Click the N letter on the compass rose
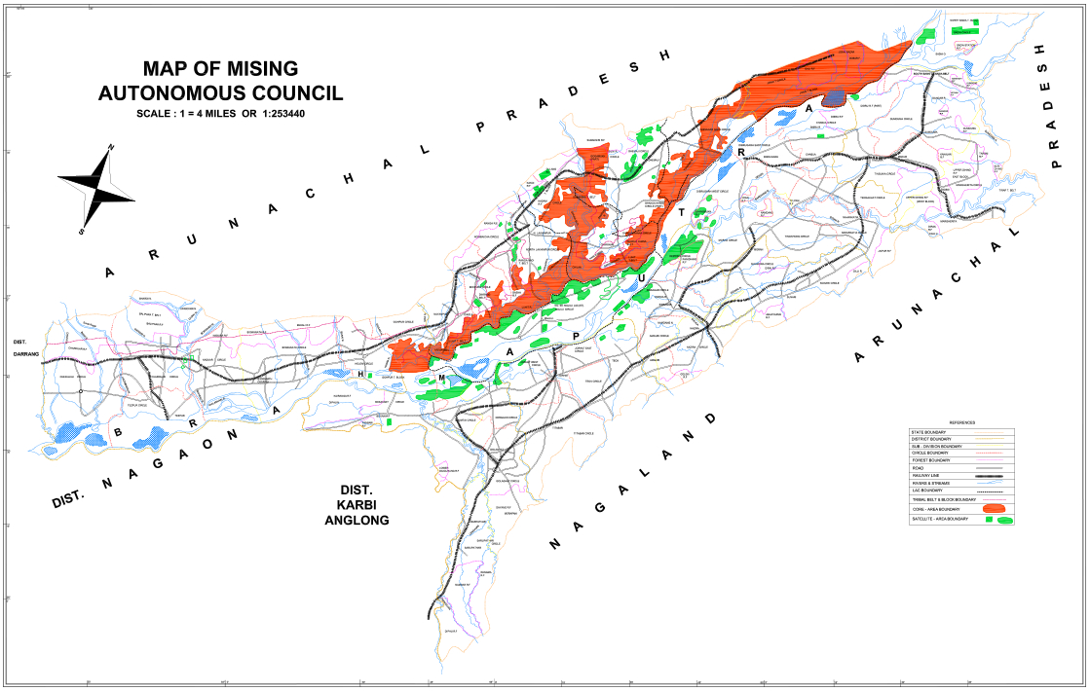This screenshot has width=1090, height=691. coord(112,147)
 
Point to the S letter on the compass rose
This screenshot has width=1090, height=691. coord(82,232)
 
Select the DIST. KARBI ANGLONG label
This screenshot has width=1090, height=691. coord(357,505)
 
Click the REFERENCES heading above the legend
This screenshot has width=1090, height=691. coord(961,422)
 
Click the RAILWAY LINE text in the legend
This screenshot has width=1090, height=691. coord(926,476)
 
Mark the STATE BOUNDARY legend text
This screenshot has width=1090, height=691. coord(928,431)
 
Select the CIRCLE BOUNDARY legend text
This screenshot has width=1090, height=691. coord(929,454)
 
